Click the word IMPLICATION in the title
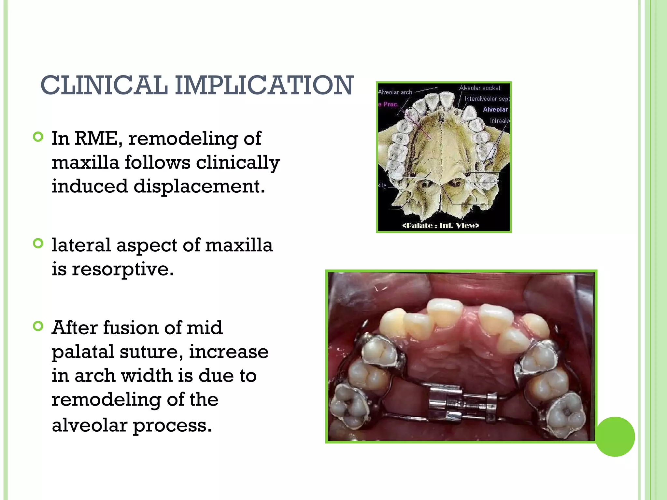[264, 85]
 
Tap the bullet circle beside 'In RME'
[38, 137]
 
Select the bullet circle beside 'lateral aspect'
[38, 243]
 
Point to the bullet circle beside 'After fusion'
[38, 326]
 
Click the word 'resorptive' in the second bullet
[122, 270]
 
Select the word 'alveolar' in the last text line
[89, 425]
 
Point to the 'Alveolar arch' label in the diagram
[395, 92]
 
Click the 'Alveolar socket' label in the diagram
[479, 88]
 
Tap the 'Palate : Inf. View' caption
[441, 226]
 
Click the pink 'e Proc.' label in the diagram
[389, 104]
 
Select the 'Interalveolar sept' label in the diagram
[487, 99]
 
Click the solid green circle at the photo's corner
[615, 437]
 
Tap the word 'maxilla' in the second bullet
[239, 245]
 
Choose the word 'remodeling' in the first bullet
[183, 138]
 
